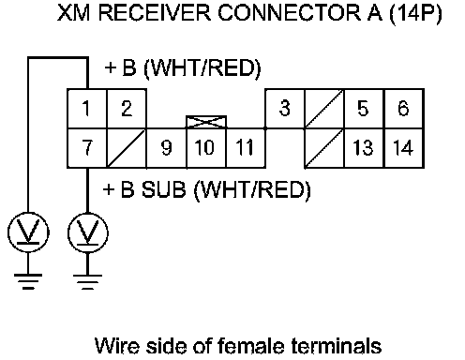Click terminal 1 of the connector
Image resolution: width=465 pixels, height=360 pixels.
tap(87, 109)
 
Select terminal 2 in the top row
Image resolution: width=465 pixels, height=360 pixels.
tap(127, 109)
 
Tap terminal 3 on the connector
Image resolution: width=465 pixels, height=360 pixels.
tap(285, 109)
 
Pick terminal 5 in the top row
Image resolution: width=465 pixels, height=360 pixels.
tap(364, 109)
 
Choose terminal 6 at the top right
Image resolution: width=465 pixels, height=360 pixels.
tap(404, 109)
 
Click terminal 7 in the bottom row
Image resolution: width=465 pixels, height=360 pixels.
tap(87, 148)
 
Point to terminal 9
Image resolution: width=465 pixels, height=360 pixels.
tap(166, 148)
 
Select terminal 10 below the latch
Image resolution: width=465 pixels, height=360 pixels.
tap(206, 148)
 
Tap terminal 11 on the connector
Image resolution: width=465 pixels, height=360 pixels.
tap(246, 148)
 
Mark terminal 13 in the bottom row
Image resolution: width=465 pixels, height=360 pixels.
tap(364, 148)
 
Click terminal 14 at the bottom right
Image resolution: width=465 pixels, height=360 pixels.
tap(404, 148)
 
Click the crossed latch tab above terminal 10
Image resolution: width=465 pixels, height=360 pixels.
tap(206, 122)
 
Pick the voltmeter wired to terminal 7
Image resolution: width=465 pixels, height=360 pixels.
tap(88, 232)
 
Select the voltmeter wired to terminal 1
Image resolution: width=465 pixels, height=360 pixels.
tap(28, 232)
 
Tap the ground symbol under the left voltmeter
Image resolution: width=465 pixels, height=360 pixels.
tap(28, 281)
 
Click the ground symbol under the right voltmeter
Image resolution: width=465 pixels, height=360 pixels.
tap(87, 282)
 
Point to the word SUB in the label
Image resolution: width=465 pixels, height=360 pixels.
tap(164, 189)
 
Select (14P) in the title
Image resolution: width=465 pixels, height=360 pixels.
tap(415, 13)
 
